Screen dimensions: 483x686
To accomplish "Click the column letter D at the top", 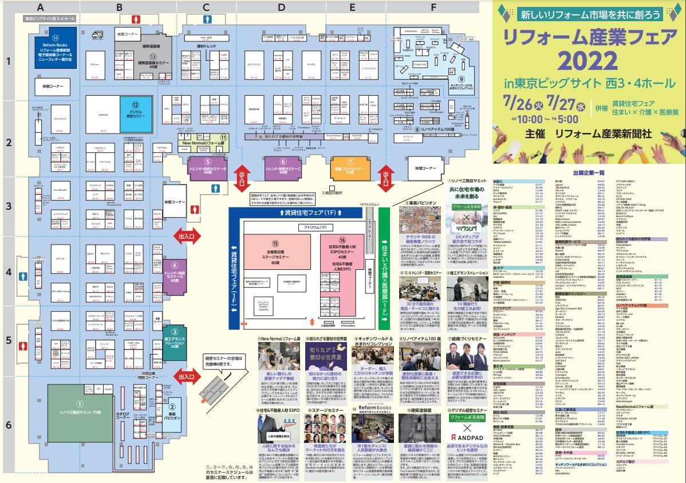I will click(x=281, y=7).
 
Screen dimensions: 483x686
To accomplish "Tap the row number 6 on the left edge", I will click(x=8, y=425).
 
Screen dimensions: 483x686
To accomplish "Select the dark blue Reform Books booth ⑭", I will click(x=56, y=52).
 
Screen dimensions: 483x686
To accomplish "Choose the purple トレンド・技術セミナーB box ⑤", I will click(x=208, y=167).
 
